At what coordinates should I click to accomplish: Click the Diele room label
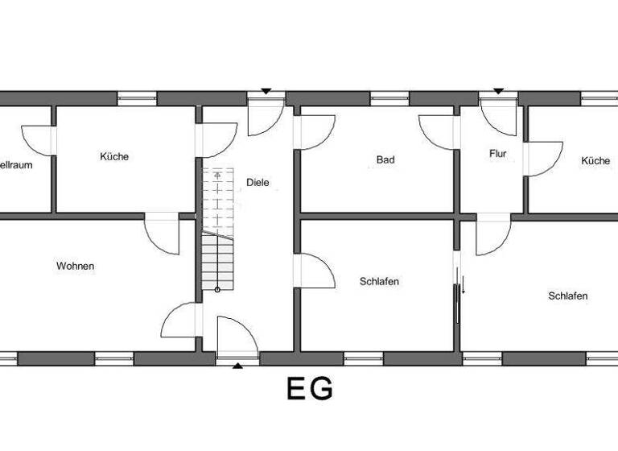pyautogui.click(x=258, y=182)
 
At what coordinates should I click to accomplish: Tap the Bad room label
pyautogui.click(x=385, y=159)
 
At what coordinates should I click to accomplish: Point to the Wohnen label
pyautogui.click(x=76, y=266)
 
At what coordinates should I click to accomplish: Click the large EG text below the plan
pyautogui.click(x=310, y=390)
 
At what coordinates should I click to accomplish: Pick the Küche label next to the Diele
pyautogui.click(x=114, y=156)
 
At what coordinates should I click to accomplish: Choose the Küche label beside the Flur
pyautogui.click(x=595, y=161)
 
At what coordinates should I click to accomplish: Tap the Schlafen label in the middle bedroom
pyautogui.click(x=379, y=282)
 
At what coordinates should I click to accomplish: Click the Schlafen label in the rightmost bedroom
pyautogui.click(x=567, y=296)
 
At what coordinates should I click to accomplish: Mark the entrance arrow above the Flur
pyautogui.click(x=498, y=91)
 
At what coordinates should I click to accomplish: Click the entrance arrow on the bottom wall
pyautogui.click(x=237, y=366)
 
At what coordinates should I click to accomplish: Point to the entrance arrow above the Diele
pyautogui.click(x=266, y=91)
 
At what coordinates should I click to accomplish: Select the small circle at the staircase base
pyautogui.click(x=216, y=289)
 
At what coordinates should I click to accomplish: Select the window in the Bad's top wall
pyautogui.click(x=390, y=98)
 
